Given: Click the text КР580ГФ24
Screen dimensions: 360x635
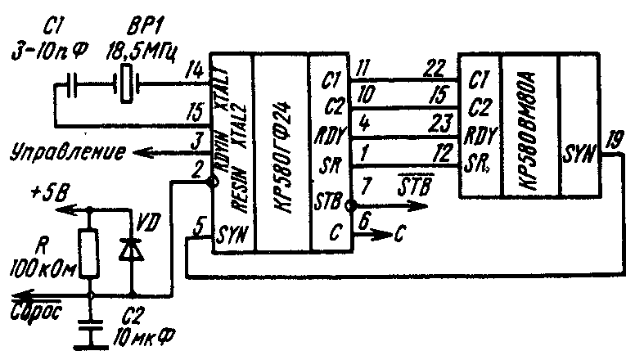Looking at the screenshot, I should [282, 155].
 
